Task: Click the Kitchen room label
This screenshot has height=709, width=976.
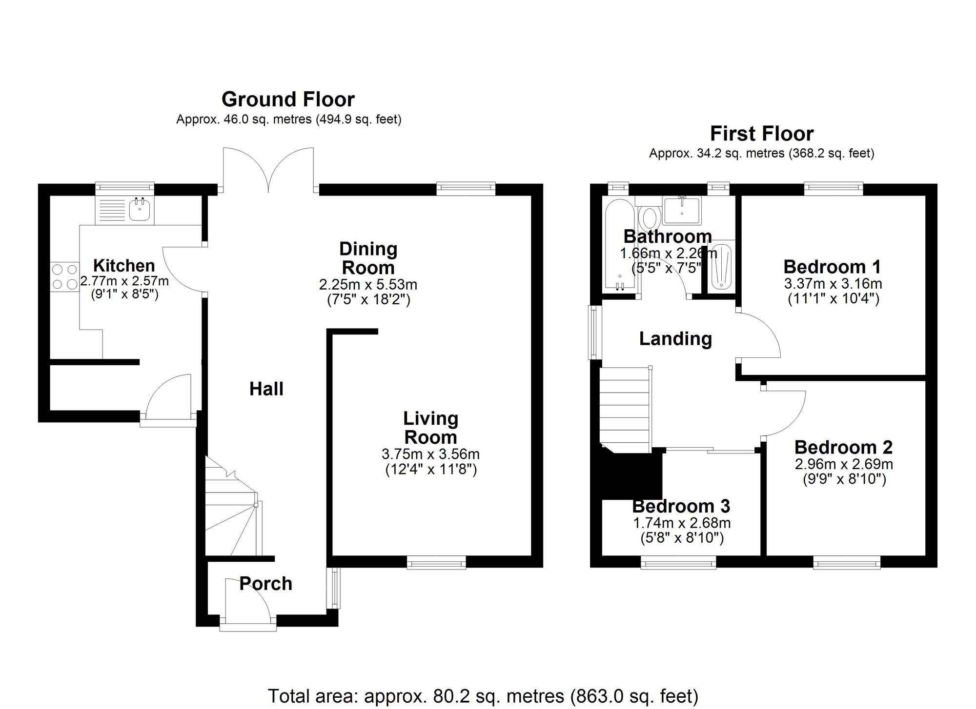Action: pos(124,266)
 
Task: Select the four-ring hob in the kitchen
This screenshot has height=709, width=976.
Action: pos(64,277)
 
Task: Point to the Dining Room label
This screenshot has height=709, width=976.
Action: pos(368,258)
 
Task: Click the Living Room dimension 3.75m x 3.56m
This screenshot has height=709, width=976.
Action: pos(430,454)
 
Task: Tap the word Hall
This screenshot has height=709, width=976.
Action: pos(266,389)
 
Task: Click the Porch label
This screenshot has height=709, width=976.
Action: pos(266,584)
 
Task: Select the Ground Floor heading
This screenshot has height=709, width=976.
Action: pos(288,99)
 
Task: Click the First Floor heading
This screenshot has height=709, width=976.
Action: pos(762,134)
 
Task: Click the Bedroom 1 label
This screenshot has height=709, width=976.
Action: pos(833,267)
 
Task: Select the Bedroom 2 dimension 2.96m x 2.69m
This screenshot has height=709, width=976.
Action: pos(844,464)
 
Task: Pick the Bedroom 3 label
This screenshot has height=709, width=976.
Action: pos(681,506)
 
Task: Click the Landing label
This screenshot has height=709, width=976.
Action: pos(676,338)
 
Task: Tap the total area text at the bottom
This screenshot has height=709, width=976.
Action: pos(483,696)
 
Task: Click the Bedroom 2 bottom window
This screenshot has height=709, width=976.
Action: pos(847,563)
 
